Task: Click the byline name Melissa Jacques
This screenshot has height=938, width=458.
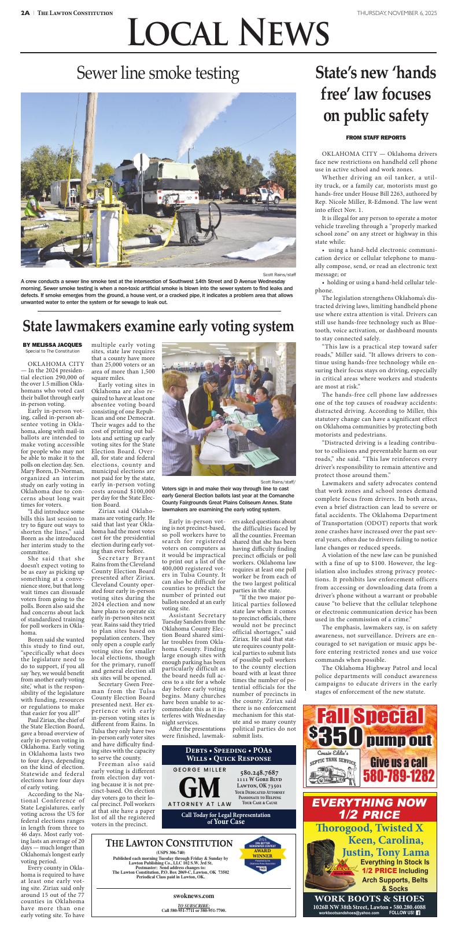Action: [x=53, y=345]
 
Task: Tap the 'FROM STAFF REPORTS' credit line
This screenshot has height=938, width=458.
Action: [x=375, y=137]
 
